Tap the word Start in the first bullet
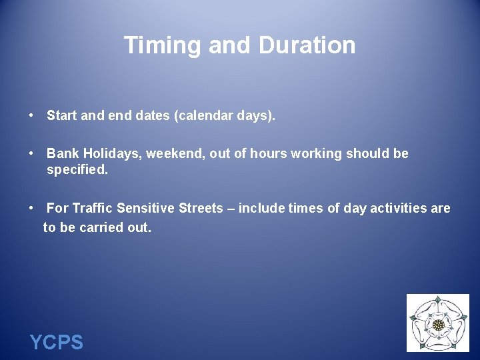(x=61, y=116)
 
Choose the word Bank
(x=61, y=154)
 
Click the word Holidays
(x=109, y=154)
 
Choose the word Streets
(x=201, y=209)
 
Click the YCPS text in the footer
(x=57, y=343)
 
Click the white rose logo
(x=438, y=324)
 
